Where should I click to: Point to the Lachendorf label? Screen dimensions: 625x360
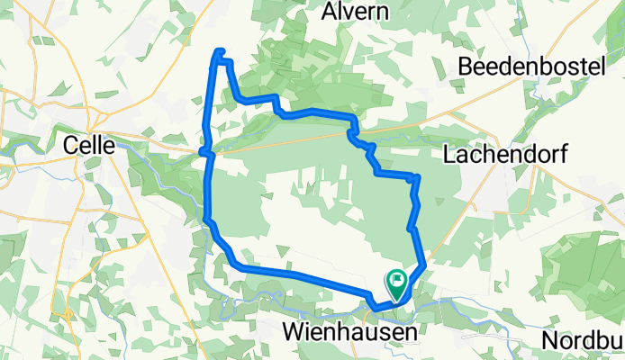coord(505,155)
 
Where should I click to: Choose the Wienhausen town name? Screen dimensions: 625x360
coord(350,332)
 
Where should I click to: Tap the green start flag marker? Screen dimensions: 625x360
coord(396,283)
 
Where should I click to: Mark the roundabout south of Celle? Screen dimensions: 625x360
coord(67,314)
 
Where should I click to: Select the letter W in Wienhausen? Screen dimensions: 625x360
coord(294,332)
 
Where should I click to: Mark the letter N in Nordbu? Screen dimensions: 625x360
coord(552,341)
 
